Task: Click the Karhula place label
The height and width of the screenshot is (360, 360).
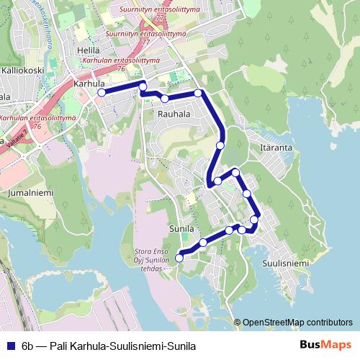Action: coord(89,84)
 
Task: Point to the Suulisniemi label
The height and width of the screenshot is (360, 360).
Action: coord(284,264)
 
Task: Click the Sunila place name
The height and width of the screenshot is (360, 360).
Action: coord(182,228)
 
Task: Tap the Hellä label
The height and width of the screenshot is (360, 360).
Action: coord(88,50)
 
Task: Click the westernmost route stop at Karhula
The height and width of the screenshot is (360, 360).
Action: coord(102,92)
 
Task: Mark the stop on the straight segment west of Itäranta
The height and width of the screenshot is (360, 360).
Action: coord(220,144)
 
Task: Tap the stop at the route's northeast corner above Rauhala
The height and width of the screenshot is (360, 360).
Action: coord(198,93)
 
